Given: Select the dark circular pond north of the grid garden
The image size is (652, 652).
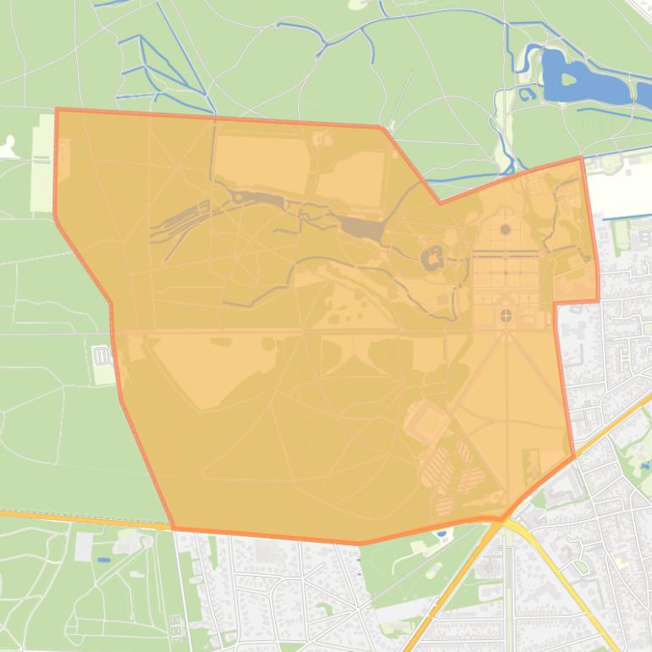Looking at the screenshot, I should pos(506,229).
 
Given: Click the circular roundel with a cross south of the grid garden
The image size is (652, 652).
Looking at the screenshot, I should pos(506,316).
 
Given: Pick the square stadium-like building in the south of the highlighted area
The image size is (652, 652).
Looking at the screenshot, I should pos(426,421).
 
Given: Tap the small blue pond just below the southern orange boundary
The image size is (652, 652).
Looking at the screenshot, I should pos(442,534).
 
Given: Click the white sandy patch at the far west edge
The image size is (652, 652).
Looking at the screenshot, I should pos(8,148).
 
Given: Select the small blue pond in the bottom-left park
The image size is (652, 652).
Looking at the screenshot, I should pos(102,560).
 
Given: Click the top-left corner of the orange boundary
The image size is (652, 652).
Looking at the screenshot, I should pos(57,109).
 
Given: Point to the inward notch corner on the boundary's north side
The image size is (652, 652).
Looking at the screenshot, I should pos(439,203).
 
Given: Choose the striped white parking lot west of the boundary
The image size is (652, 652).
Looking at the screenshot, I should pos(102,356).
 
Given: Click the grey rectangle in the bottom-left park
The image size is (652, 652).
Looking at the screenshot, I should pos(83,546).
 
